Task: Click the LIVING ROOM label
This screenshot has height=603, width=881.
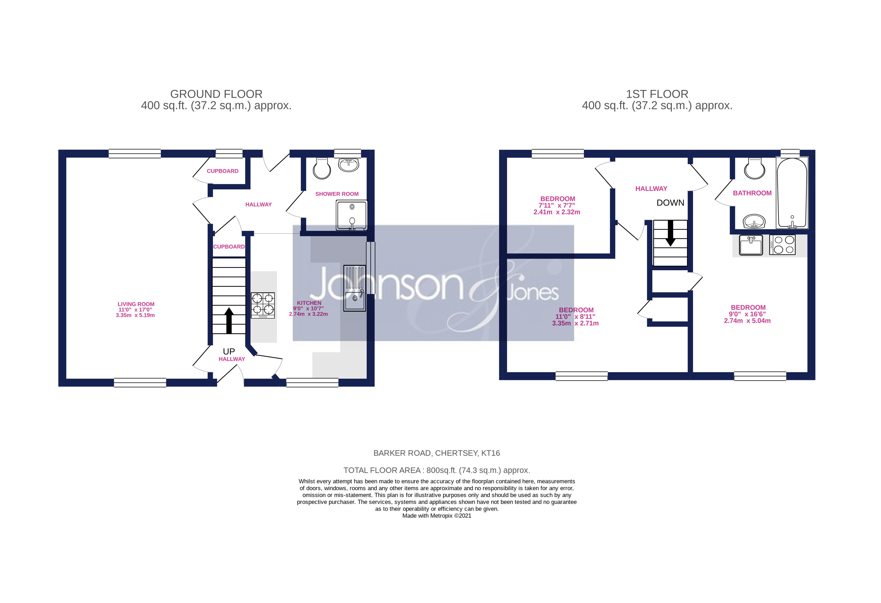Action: pos(136,304)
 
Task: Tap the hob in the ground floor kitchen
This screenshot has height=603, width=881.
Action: pos(263,305)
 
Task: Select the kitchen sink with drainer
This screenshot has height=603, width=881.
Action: pos(355,288)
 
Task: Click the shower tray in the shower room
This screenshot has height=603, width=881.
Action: pos(351,215)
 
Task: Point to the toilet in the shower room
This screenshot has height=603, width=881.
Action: pos(322,169)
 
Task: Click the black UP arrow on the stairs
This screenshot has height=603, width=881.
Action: pos(229,320)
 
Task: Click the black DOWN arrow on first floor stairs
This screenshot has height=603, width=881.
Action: pos(670,233)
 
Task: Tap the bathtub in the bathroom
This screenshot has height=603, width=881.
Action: pos(791,193)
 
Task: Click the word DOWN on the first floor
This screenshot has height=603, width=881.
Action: pos(670,203)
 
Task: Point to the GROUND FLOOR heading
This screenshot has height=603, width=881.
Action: pos(216,94)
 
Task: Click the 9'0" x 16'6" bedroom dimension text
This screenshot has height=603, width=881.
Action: pos(747,314)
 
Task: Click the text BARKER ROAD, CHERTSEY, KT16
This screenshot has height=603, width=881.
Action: pos(436,453)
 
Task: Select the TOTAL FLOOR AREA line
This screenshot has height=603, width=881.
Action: pos(436,470)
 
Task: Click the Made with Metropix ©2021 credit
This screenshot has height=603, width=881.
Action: pos(436,516)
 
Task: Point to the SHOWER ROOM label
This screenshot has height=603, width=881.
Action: pos(337,194)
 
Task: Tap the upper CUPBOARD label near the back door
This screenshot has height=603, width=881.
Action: pos(223,171)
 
